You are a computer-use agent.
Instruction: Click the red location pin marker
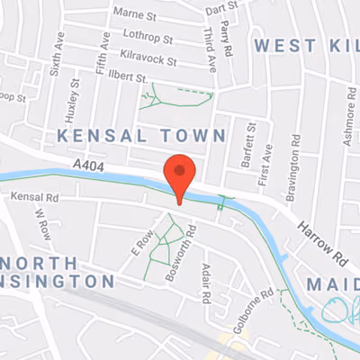coord(181,175)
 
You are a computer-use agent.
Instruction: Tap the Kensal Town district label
coord(140,135)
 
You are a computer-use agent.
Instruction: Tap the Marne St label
coord(136,13)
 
